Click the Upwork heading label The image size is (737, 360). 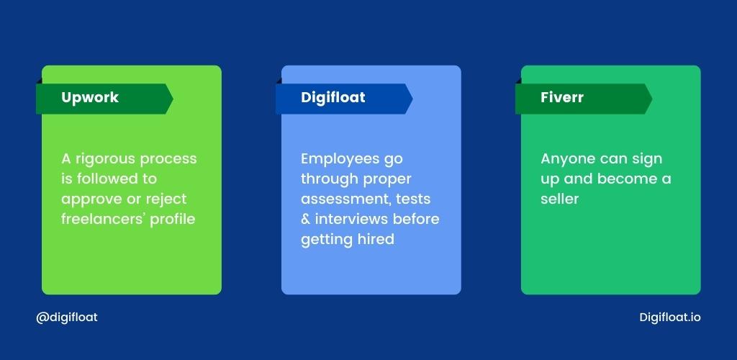90,98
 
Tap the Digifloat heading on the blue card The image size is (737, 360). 333,98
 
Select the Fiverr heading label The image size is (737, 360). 561,97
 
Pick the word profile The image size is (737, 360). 173,220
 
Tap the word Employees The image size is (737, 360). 338,159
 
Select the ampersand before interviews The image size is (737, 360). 305,220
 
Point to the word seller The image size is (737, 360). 559,199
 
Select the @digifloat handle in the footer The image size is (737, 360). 67,318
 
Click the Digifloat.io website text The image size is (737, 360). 670,318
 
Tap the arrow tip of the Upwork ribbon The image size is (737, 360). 173,99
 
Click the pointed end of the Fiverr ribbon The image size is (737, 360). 652,99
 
